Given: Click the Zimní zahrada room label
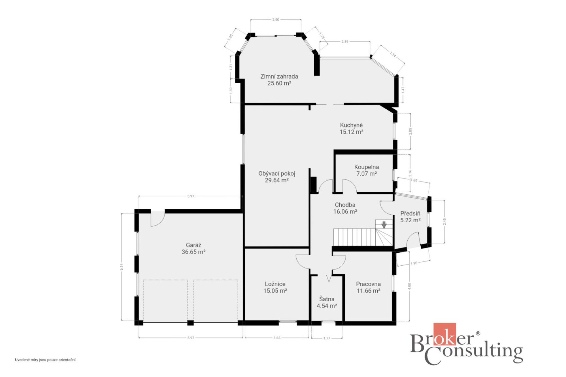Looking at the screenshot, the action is click(279, 77).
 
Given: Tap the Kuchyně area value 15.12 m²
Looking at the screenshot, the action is click(351, 132).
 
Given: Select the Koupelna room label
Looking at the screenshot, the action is click(366, 167).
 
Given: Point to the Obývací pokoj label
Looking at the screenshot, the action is click(277, 174).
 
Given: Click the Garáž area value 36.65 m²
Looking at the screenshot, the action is click(193, 252).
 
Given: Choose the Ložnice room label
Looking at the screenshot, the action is click(275, 284).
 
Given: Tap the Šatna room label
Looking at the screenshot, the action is click(327, 299).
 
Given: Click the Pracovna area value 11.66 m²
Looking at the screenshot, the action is click(368, 291).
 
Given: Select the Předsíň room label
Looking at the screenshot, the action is click(410, 214).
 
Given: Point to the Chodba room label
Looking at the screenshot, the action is click(345, 205).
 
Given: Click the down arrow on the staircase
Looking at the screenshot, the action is click(384, 225).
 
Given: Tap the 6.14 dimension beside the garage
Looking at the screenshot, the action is click(122, 267).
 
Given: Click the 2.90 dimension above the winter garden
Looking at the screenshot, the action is click(276, 20).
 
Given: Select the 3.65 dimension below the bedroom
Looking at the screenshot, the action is click(277, 338).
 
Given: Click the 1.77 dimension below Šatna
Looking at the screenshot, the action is click(327, 338).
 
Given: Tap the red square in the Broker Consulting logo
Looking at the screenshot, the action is click(445, 334).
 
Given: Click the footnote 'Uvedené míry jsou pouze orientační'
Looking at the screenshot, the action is click(46, 360).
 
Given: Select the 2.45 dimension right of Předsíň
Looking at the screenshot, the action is click(445, 221).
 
